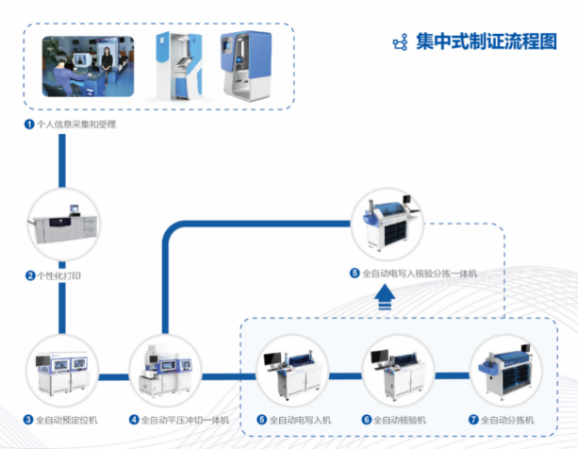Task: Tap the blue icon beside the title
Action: point(401,42)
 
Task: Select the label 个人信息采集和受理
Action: point(76,124)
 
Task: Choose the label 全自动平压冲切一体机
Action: point(185,420)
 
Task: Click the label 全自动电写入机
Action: point(301,420)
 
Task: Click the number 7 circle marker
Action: point(473,420)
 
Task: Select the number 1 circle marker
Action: point(29,124)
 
